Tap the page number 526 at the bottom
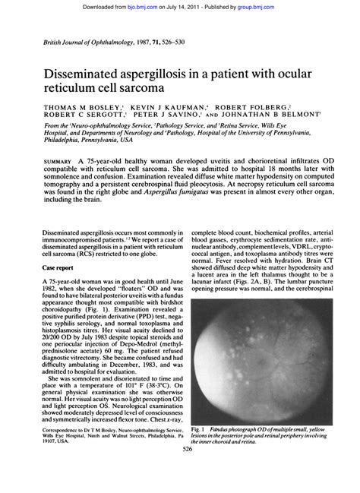(x=179, y=470)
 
